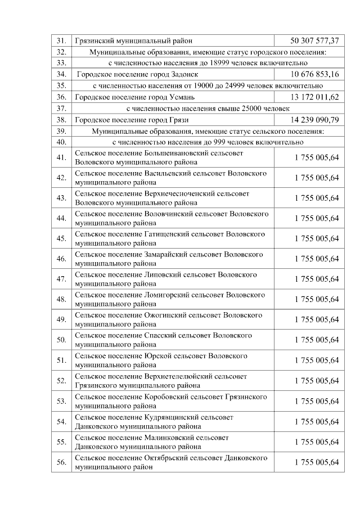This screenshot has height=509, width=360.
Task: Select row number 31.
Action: pos(62,41)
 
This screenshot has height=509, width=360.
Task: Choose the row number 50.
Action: pos(62,340)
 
